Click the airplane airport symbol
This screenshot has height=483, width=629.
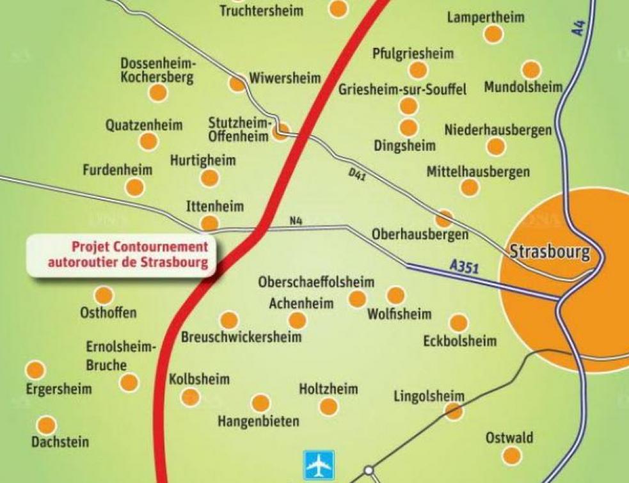coord(318,464)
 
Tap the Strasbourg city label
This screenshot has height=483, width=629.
coord(550,251)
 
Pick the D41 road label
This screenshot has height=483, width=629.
coord(357,174)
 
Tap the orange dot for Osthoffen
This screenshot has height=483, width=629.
coord(104,296)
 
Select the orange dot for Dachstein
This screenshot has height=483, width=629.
coord(47,425)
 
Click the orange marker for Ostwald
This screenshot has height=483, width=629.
coord(511,455)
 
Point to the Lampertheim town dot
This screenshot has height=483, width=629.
coord(493,34)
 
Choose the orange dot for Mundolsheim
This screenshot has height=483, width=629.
coord(531,70)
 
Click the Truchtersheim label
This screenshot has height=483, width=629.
coord(261,10)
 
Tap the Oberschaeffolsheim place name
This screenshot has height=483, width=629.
coord(316,282)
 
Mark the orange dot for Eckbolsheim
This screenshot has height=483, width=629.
coord(458,323)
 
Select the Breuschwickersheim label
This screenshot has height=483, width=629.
coord(241,337)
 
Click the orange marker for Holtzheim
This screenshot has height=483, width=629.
coord(328,406)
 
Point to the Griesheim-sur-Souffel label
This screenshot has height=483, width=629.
coord(402,89)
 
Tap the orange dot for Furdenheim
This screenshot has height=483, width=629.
coord(134,187)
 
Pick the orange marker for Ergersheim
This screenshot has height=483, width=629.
coord(35,370)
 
